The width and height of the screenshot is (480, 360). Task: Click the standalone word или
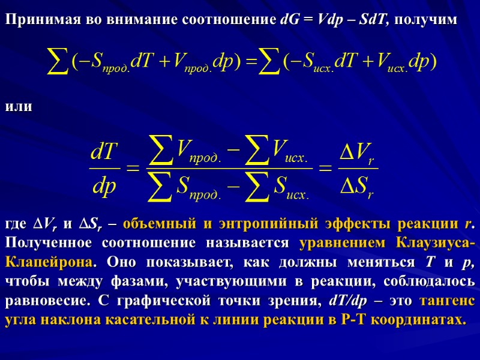coord(17,107)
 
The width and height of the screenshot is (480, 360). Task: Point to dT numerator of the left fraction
coord(102,152)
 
